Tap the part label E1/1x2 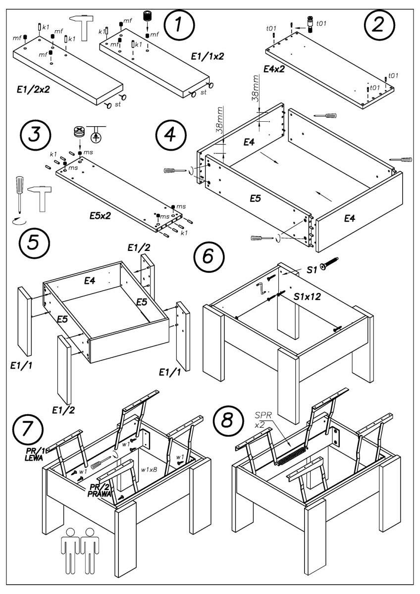(x=208, y=56)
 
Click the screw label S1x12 (x=308, y=297)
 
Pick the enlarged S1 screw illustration (x=328, y=263)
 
